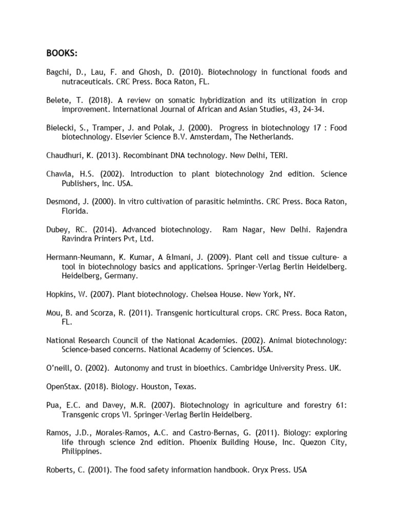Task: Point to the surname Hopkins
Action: [60, 294]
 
